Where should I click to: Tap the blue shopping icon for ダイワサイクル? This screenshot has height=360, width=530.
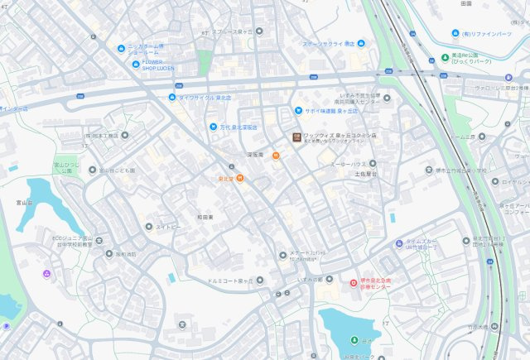click(x=172, y=97)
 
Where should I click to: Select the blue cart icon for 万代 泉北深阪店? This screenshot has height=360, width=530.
click(x=212, y=127)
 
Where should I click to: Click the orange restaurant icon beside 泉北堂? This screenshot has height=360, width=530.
click(x=239, y=177)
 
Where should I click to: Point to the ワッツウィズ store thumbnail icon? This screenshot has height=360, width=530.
click(x=293, y=137)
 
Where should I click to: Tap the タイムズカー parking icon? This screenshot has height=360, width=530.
click(x=398, y=243)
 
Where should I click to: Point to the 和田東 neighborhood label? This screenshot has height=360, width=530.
click(x=205, y=216)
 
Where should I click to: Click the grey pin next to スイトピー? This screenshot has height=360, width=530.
click(x=148, y=225)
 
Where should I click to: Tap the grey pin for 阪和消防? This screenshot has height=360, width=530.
click(x=99, y=253)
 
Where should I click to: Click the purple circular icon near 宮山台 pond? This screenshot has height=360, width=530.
click(x=47, y=273)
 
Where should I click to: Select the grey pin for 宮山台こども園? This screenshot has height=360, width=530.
click(x=91, y=170)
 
